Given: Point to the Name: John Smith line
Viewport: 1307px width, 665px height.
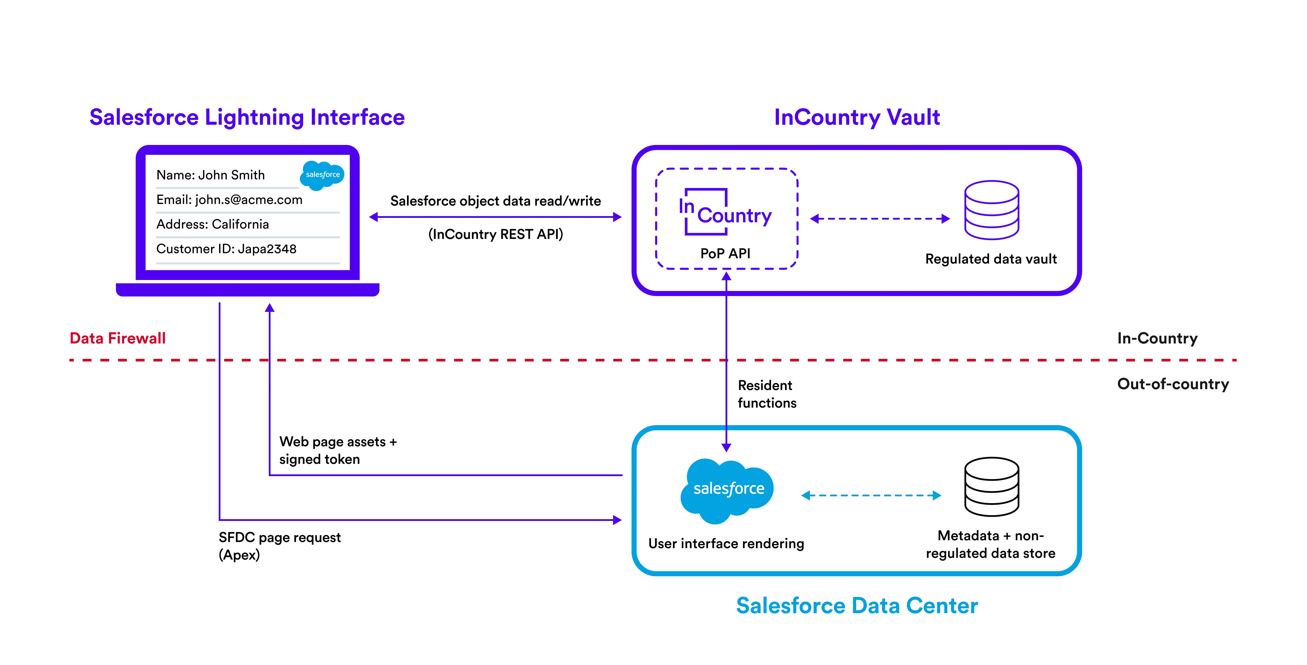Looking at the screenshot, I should click(211, 175).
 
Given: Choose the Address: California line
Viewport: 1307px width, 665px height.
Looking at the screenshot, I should click(212, 225).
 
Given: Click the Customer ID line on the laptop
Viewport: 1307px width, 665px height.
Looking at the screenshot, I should click(226, 249).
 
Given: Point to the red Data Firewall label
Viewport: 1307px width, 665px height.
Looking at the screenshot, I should click(118, 338).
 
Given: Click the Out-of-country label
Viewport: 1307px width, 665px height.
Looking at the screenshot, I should click(1173, 385).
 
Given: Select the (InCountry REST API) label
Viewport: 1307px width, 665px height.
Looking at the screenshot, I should click(496, 234).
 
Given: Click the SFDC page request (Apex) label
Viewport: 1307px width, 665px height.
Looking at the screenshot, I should click(279, 546).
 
